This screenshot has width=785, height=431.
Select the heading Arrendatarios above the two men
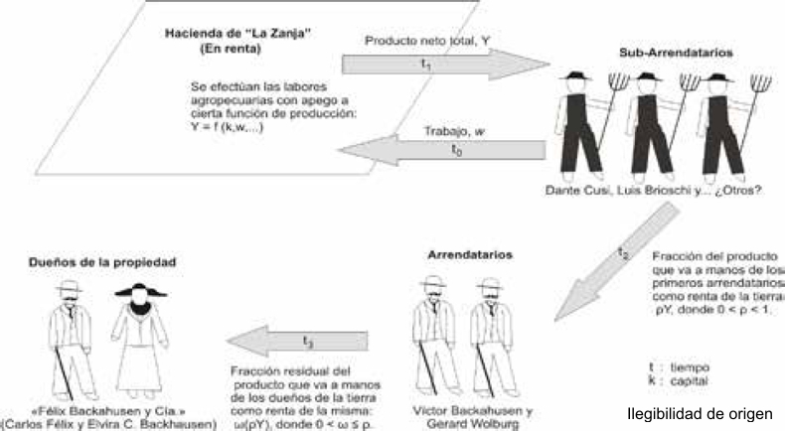pos(458,255)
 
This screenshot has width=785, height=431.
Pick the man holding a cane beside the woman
pos(69,334)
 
